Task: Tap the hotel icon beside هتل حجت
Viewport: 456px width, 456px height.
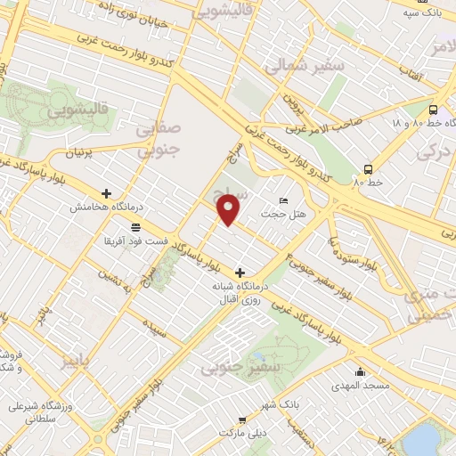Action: pyautogui.click(x=284, y=199)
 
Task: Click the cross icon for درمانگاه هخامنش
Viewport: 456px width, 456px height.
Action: pyautogui.click(x=106, y=192)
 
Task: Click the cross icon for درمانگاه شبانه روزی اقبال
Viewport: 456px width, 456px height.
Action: pyautogui.click(x=239, y=272)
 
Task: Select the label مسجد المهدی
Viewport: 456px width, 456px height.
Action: pyautogui.click(x=360, y=386)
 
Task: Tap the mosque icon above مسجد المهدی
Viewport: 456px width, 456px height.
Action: pyautogui.click(x=360, y=372)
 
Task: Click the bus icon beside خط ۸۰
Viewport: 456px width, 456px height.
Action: pyautogui.click(x=368, y=169)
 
